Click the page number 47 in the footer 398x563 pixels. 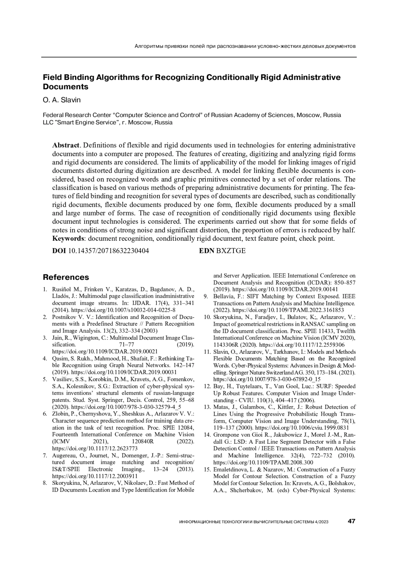[352, 521]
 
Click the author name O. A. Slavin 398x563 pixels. [62, 100]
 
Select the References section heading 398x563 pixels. [66, 277]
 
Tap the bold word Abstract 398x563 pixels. [66, 145]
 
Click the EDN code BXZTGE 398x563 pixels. [231, 251]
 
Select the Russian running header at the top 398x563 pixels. [245, 46]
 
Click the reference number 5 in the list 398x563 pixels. [45, 379]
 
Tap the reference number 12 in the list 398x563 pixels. [207, 386]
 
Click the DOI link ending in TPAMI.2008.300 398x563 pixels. [263, 462]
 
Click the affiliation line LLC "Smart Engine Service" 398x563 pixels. [108, 122]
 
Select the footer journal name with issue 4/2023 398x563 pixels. [253, 522]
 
